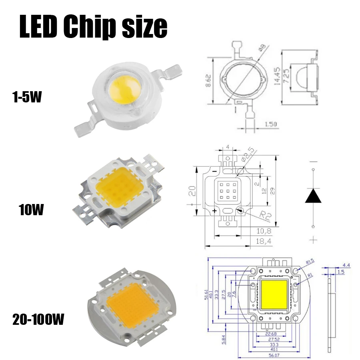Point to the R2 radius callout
tap(256, 218)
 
